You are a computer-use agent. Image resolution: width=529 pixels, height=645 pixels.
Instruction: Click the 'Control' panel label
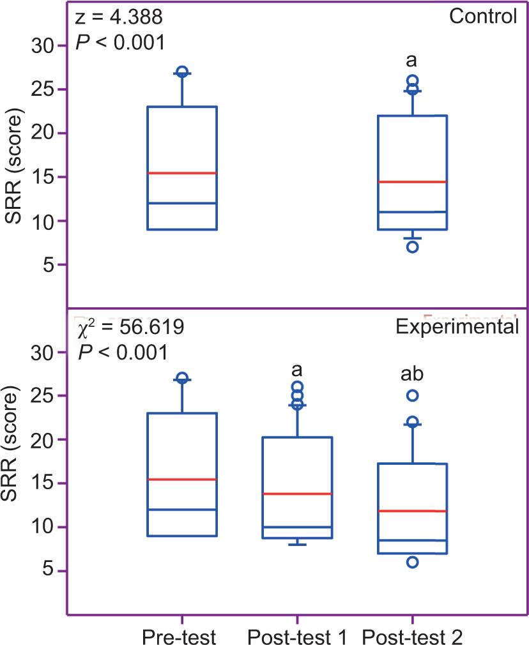point(482,16)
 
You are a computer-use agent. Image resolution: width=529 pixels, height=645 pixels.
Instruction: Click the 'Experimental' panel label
point(456,328)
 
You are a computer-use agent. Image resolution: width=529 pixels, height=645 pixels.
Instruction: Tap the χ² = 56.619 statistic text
point(131,329)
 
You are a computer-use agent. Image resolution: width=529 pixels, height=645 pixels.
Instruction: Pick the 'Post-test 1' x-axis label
point(296,636)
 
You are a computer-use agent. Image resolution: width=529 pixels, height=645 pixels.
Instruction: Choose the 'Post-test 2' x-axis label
point(411,636)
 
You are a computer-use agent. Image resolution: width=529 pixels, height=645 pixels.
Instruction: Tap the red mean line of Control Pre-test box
point(182,173)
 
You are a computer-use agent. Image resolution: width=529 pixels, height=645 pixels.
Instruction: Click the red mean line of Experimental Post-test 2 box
point(412,511)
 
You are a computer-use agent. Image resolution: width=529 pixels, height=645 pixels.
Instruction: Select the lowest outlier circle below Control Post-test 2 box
point(413,247)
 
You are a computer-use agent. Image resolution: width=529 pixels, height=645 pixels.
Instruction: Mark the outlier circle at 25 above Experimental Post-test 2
point(413,396)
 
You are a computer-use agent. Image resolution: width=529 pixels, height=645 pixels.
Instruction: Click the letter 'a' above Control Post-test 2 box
point(412,61)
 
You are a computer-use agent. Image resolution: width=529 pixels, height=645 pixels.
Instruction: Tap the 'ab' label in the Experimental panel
point(412,374)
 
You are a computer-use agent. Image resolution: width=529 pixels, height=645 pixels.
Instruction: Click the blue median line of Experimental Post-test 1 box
point(297,527)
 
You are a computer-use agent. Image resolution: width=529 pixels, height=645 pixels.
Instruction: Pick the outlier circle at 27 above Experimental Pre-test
point(182,378)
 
